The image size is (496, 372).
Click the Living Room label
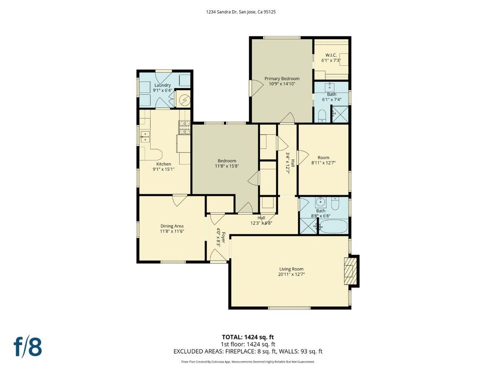(x=291, y=269)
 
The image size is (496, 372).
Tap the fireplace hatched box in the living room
(x=349, y=271)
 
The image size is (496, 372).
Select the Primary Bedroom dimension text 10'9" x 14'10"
(x=282, y=84)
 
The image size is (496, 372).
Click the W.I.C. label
(x=331, y=55)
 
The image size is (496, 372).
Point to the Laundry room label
(x=163, y=85)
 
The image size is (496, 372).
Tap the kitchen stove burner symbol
(x=185, y=127)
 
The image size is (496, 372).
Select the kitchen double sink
(x=145, y=137)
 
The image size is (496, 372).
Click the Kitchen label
(x=164, y=164)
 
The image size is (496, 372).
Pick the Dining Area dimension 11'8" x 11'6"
(x=172, y=231)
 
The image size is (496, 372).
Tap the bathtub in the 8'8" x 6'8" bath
(x=333, y=227)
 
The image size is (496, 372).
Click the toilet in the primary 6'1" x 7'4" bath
(x=322, y=116)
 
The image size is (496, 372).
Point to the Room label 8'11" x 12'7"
(x=323, y=157)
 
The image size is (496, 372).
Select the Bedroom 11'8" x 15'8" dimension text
(x=227, y=166)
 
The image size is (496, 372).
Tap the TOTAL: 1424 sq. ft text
(x=246, y=337)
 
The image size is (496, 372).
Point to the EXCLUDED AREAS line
(x=248, y=351)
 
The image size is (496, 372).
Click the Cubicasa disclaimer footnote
(x=248, y=361)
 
